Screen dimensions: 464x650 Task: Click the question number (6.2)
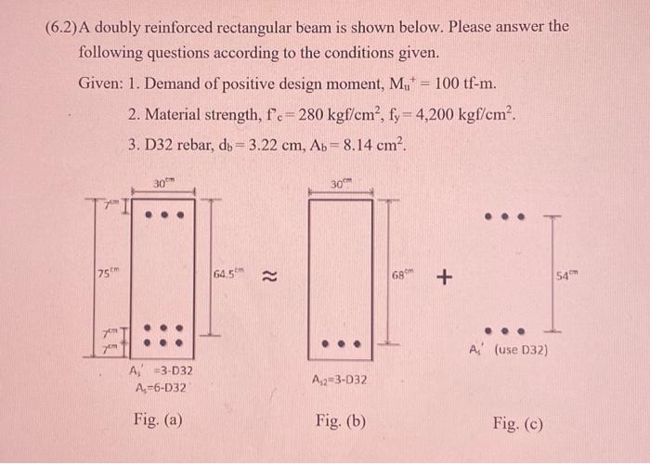(x=62, y=27)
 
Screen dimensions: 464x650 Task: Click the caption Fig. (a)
(x=158, y=419)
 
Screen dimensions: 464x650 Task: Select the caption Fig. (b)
(x=340, y=420)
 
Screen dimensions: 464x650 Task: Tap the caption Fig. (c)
(x=518, y=424)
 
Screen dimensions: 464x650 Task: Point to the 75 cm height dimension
(x=109, y=272)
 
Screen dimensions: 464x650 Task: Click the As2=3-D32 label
(x=340, y=380)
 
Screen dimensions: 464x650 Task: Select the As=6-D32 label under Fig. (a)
(x=159, y=387)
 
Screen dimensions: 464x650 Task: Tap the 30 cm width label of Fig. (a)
(x=161, y=185)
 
